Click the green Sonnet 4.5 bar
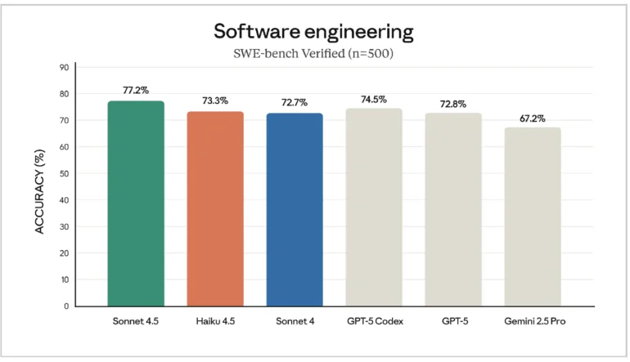(136, 204)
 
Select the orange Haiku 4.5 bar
(215, 209)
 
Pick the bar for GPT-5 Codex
(374, 208)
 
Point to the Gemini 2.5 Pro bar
(533, 217)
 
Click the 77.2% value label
(136, 91)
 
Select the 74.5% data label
(374, 99)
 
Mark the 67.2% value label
(533, 118)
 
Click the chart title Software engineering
(313, 32)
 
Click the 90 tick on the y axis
(64, 67)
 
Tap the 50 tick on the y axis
(64, 173)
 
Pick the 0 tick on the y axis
(66, 306)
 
